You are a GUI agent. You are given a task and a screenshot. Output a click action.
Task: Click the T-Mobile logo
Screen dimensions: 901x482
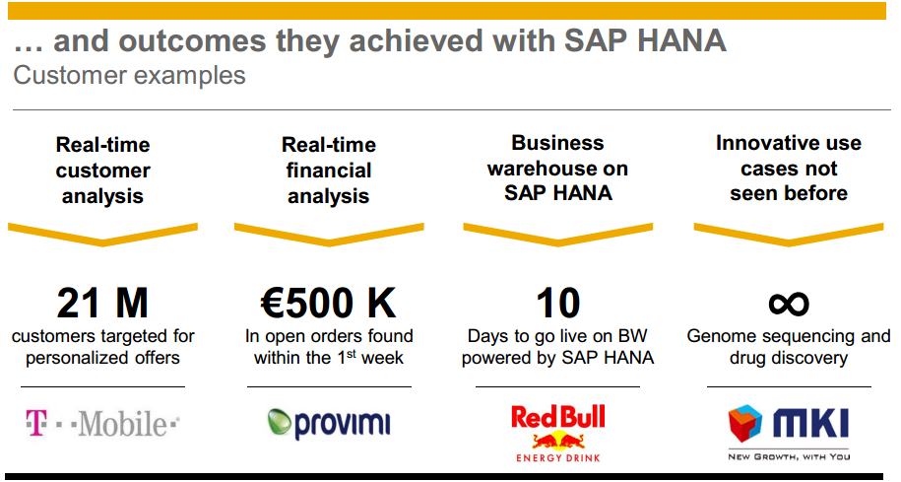(x=102, y=424)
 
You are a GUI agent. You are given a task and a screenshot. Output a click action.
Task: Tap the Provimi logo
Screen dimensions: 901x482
(x=329, y=425)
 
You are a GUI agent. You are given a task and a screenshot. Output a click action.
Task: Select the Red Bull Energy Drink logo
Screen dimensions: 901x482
(x=558, y=434)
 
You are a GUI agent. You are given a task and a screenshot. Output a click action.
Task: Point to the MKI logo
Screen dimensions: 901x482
(x=789, y=433)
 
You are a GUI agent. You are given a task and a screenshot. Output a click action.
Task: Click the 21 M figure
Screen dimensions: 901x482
(x=102, y=304)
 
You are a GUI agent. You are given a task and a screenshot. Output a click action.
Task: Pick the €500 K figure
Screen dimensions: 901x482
(x=329, y=304)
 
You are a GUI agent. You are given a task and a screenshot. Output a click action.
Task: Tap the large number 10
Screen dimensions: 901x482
(x=558, y=304)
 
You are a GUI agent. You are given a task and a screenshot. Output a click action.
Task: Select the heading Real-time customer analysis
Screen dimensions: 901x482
(x=102, y=171)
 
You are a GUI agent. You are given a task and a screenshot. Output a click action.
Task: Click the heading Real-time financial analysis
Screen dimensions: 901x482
(x=329, y=171)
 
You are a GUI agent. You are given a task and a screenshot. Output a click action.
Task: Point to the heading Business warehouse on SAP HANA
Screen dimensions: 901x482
(x=558, y=168)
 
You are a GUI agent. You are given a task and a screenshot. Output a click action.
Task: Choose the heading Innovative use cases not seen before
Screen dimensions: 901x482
(x=789, y=168)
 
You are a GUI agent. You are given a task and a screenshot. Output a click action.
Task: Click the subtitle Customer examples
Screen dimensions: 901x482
(x=129, y=75)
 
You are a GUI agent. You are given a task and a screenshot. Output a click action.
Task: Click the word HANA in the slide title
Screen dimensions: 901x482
(x=682, y=40)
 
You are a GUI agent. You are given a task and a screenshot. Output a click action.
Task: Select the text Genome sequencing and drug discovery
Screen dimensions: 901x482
(x=789, y=347)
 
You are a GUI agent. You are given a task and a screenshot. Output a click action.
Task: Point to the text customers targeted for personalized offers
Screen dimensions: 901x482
(x=102, y=347)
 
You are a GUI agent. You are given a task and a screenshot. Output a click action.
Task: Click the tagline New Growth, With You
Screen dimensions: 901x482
(x=789, y=456)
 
